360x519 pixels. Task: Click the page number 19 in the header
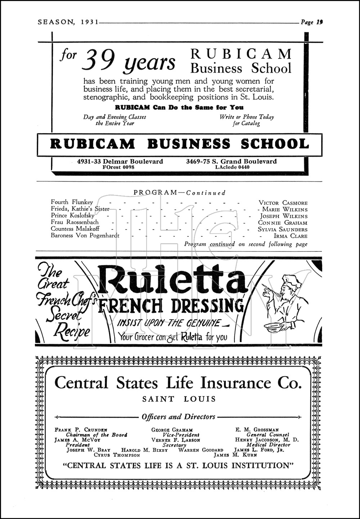319,22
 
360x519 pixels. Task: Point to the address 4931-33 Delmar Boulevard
120,161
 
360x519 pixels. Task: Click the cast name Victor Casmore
283,203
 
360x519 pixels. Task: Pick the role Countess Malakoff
75,229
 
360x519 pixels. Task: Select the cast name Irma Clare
291,236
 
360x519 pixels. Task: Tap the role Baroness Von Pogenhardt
85,236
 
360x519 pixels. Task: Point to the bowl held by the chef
274,325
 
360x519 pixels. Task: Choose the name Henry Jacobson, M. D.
267,440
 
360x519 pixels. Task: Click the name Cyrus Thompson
117,455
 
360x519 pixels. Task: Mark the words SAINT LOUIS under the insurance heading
179,399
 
